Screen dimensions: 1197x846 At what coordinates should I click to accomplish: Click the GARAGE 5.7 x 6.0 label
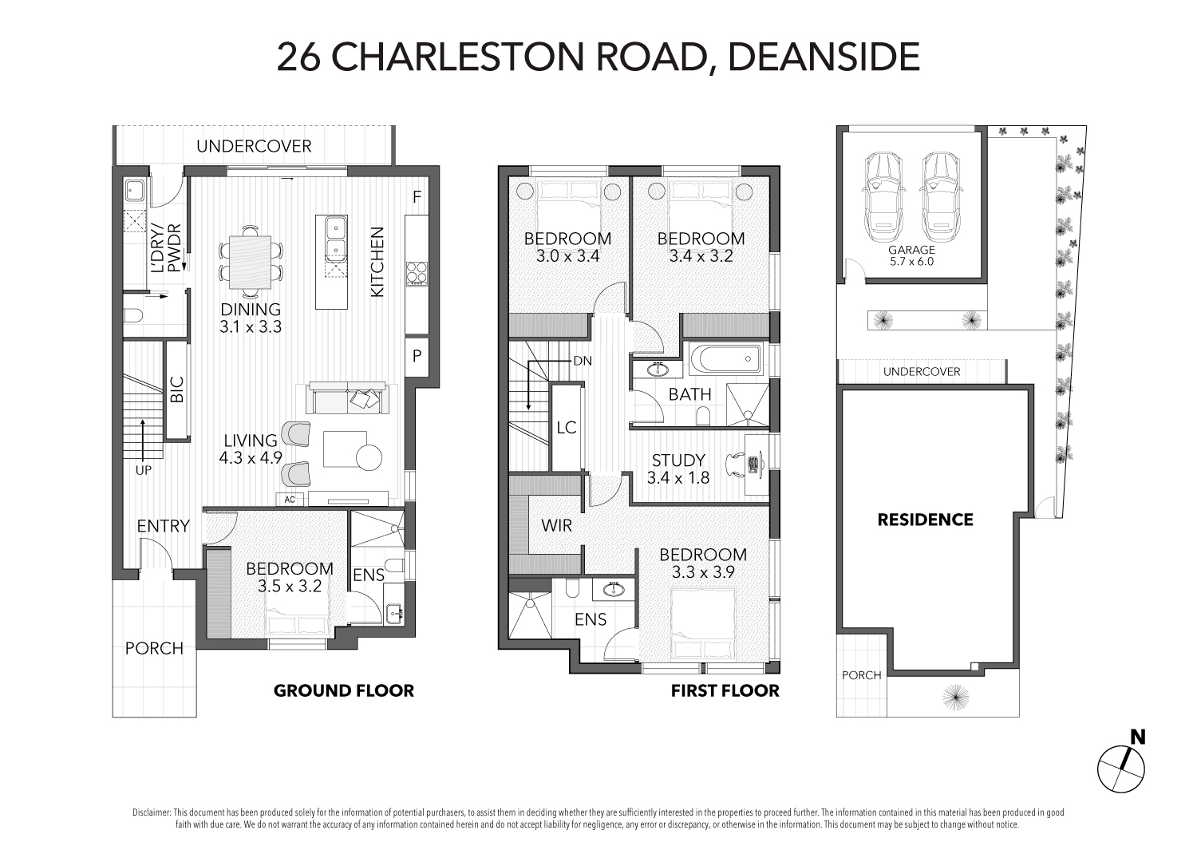tap(911, 255)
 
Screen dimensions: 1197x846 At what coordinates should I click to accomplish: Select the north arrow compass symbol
tap(1122, 768)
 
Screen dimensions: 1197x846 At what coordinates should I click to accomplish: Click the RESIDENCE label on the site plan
tap(925, 520)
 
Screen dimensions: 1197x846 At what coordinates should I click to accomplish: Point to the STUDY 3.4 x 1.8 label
tap(678, 468)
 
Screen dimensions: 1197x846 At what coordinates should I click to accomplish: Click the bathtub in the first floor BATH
tap(725, 358)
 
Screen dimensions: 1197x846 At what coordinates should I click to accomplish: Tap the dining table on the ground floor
tap(251, 262)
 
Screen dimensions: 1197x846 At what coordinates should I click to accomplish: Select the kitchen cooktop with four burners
tap(416, 274)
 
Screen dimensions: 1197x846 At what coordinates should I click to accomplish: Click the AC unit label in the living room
tap(290, 500)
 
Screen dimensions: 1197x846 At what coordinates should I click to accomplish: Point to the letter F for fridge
tap(417, 197)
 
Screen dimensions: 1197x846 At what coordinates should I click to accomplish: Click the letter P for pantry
tap(417, 355)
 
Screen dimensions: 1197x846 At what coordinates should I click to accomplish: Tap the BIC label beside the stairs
tap(177, 389)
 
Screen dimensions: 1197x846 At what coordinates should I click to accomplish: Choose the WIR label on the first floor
tap(556, 525)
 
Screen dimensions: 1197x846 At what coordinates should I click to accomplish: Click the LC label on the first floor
tap(567, 427)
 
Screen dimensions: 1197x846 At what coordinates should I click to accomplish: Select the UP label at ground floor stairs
tap(143, 470)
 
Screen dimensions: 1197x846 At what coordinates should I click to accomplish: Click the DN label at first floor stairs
tap(583, 361)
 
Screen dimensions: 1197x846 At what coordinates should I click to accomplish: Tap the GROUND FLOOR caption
tap(344, 690)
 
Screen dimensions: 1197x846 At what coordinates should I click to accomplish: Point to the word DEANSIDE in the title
tap(824, 57)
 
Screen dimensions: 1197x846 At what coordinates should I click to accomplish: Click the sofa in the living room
tap(347, 397)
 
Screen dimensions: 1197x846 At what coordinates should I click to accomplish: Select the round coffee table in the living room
tap(369, 457)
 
